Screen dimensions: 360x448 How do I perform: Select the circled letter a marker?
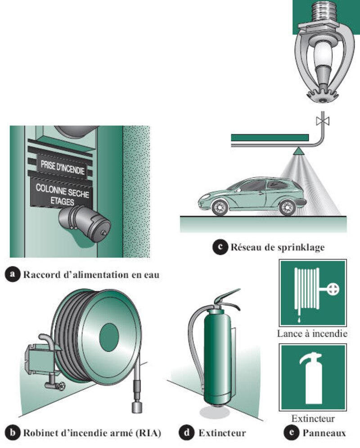click(13, 274)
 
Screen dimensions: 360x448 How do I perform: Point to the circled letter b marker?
click(13, 432)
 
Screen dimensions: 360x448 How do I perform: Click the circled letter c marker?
click(220, 246)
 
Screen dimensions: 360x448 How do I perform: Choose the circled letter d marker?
click(187, 432)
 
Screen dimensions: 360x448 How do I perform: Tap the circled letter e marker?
click(291, 432)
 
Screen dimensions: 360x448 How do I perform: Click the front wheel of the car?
click(220, 207)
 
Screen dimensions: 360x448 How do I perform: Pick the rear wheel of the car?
click(287, 207)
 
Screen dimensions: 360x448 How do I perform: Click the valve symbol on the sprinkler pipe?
click(323, 121)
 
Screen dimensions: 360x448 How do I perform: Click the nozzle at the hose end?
click(137, 407)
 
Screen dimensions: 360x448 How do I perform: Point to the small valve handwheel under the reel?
click(61, 386)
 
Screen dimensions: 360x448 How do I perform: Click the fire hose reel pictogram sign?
click(313, 292)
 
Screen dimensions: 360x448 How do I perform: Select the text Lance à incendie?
click(312, 333)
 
